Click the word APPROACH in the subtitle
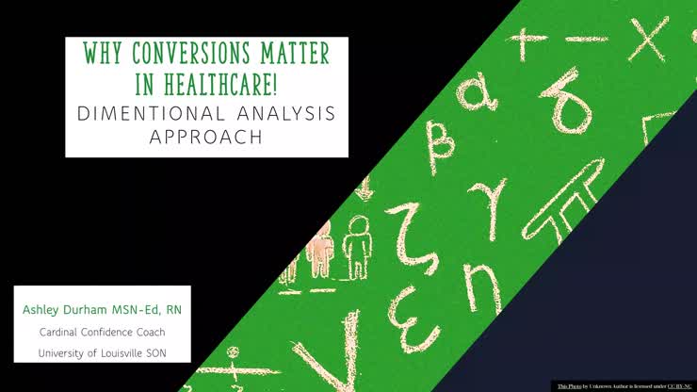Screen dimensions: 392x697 206,137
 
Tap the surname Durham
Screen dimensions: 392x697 91,310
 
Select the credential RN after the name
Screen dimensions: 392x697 175,310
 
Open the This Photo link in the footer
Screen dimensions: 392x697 569,386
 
